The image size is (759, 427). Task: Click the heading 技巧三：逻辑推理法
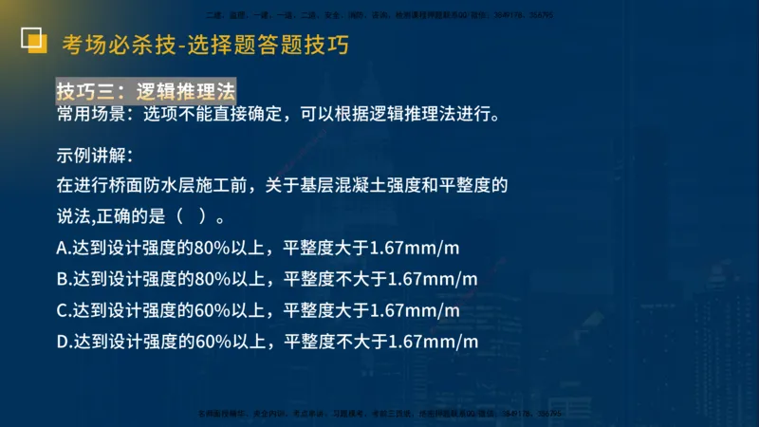(x=145, y=91)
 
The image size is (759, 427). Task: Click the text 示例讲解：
(x=95, y=156)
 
